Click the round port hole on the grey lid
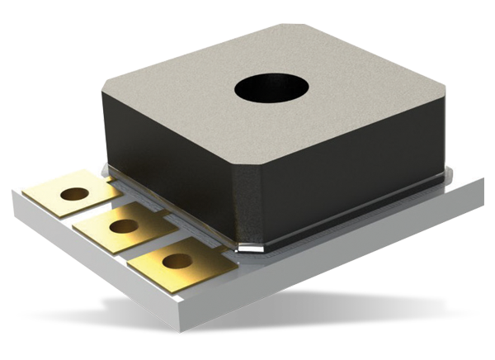click(270, 88)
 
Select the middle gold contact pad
click(120, 227)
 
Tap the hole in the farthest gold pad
click(74, 194)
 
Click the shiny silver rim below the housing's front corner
click(247, 246)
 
